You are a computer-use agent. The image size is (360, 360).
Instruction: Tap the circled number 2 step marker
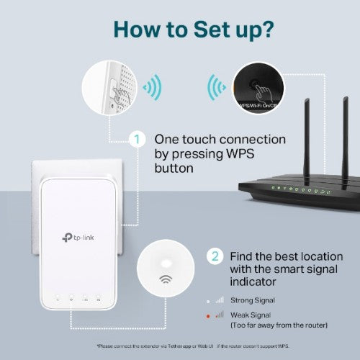214,256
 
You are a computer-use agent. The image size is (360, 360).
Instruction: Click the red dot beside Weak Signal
208,315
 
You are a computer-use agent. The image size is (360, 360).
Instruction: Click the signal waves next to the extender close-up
153,88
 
